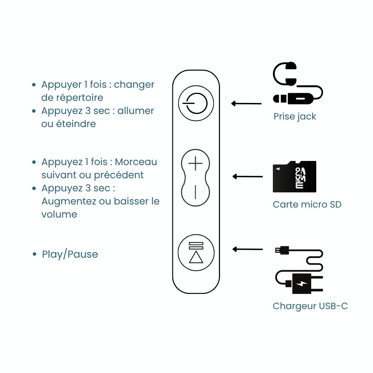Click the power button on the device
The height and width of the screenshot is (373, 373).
pos(196,103)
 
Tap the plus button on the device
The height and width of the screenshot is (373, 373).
pos(196,163)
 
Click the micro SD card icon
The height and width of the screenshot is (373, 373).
pos(294,176)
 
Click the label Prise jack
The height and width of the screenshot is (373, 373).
pos(295,116)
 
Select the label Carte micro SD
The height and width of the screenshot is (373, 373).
pos(307,204)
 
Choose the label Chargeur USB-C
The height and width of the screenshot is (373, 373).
pos(310,306)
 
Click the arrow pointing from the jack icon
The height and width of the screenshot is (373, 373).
pos(246,103)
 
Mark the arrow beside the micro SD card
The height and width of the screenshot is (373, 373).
pos(247,176)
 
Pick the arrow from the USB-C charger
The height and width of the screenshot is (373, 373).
pos(247,249)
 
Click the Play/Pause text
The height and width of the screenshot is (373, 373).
pos(70,255)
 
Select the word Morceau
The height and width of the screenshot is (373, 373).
pos(136,162)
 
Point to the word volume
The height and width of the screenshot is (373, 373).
pos(59,214)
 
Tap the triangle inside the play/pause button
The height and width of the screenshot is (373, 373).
pos(196,257)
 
